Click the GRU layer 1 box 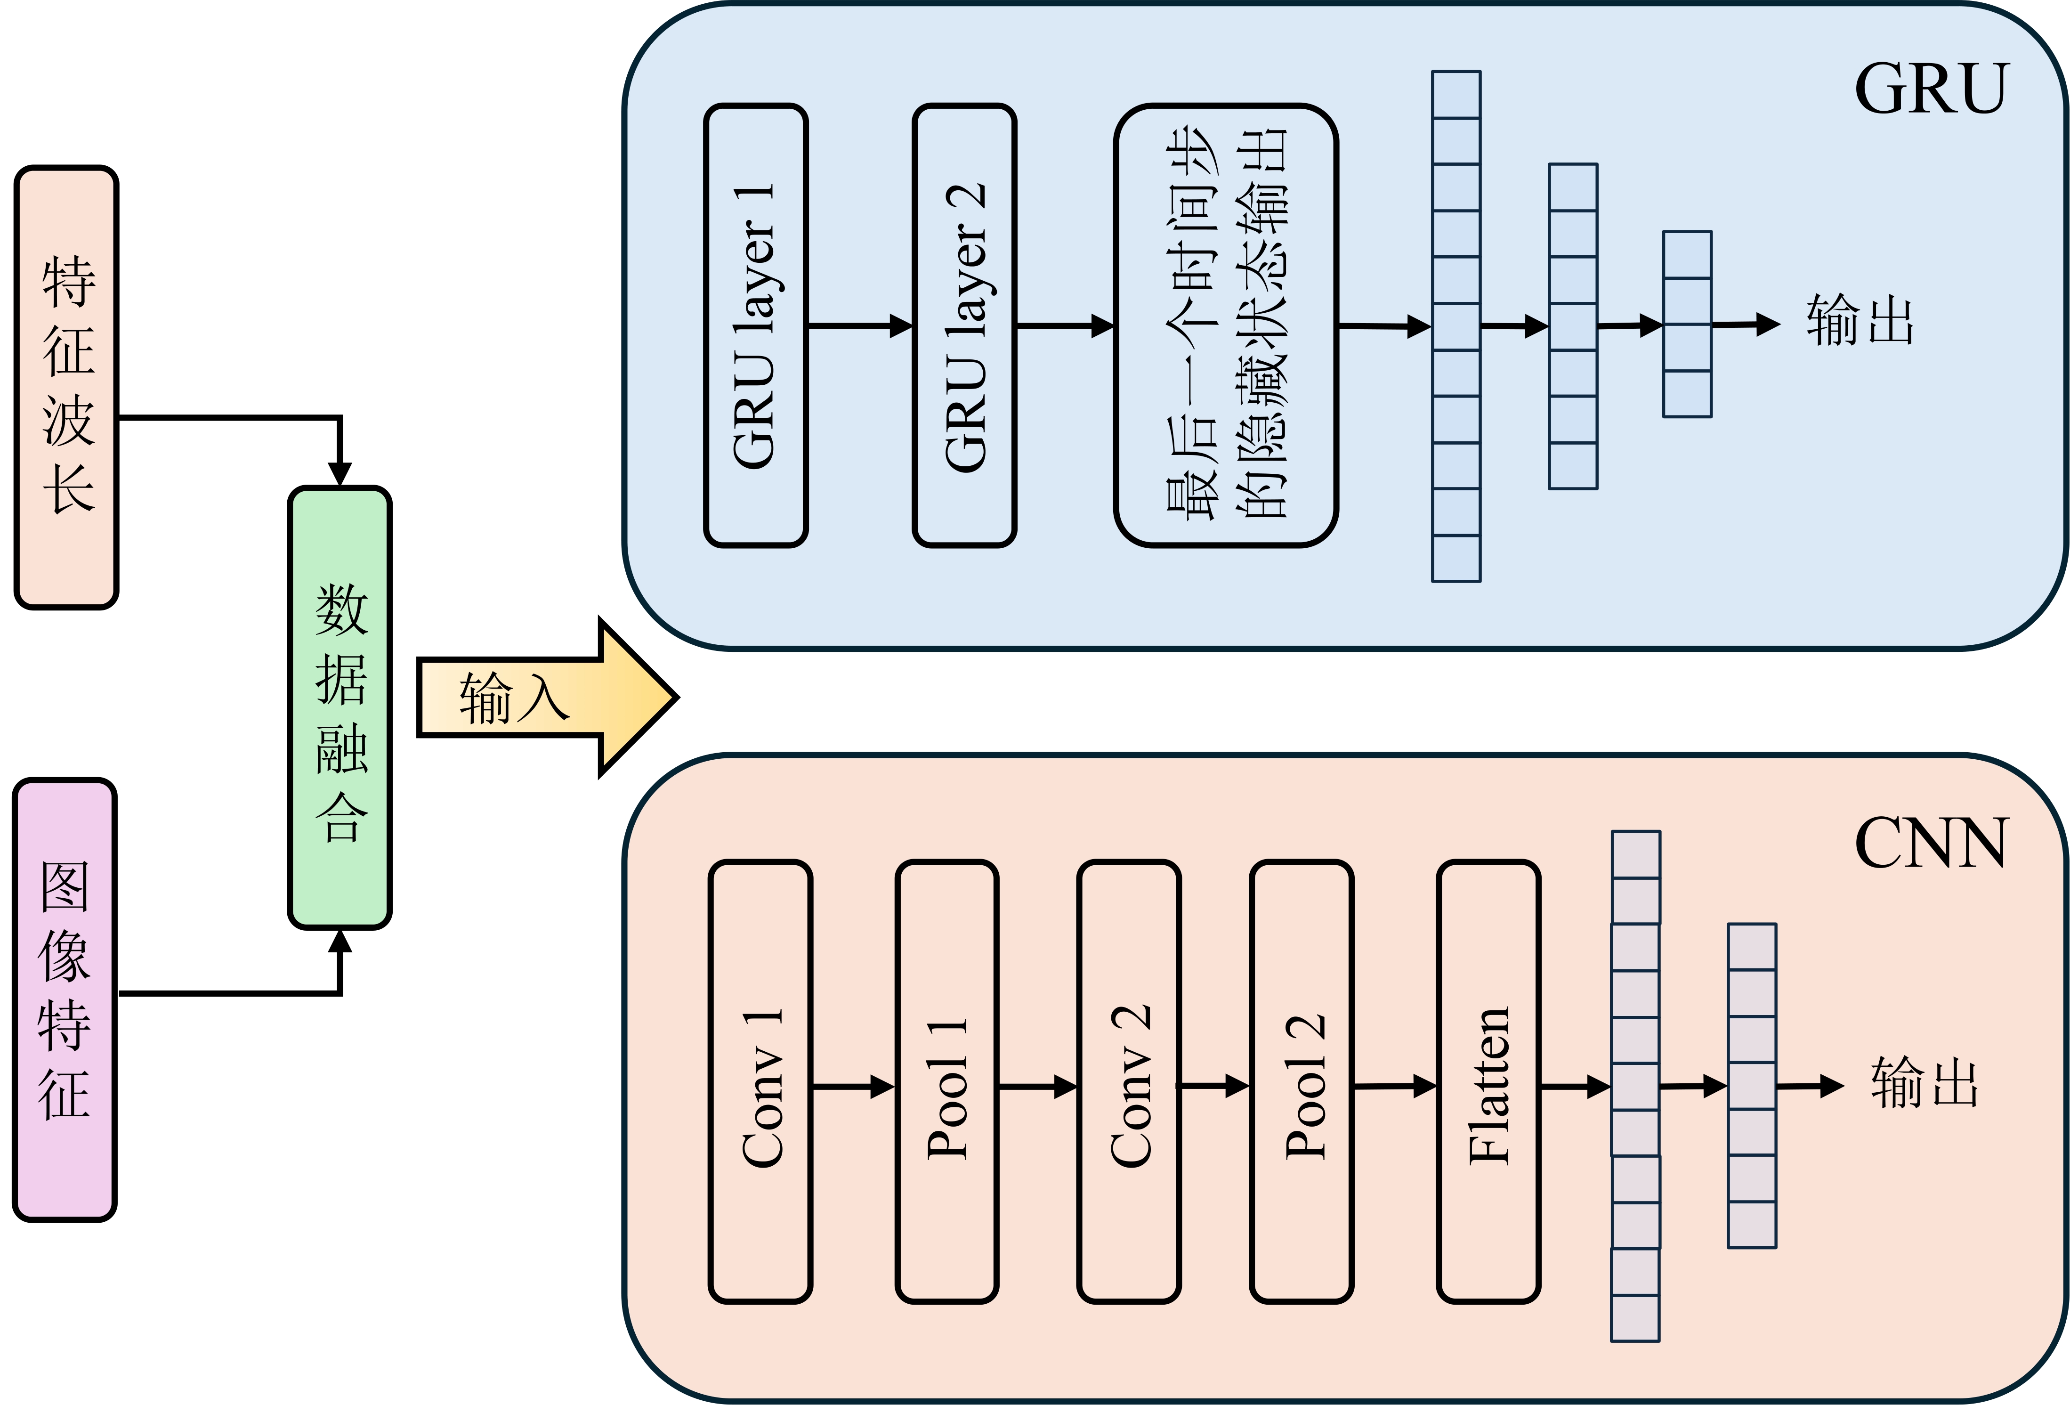[x=755, y=325]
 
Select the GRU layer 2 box [x=965, y=325]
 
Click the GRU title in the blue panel [x=1931, y=89]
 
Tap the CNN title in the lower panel [x=1931, y=843]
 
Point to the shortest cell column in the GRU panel [x=1687, y=325]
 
